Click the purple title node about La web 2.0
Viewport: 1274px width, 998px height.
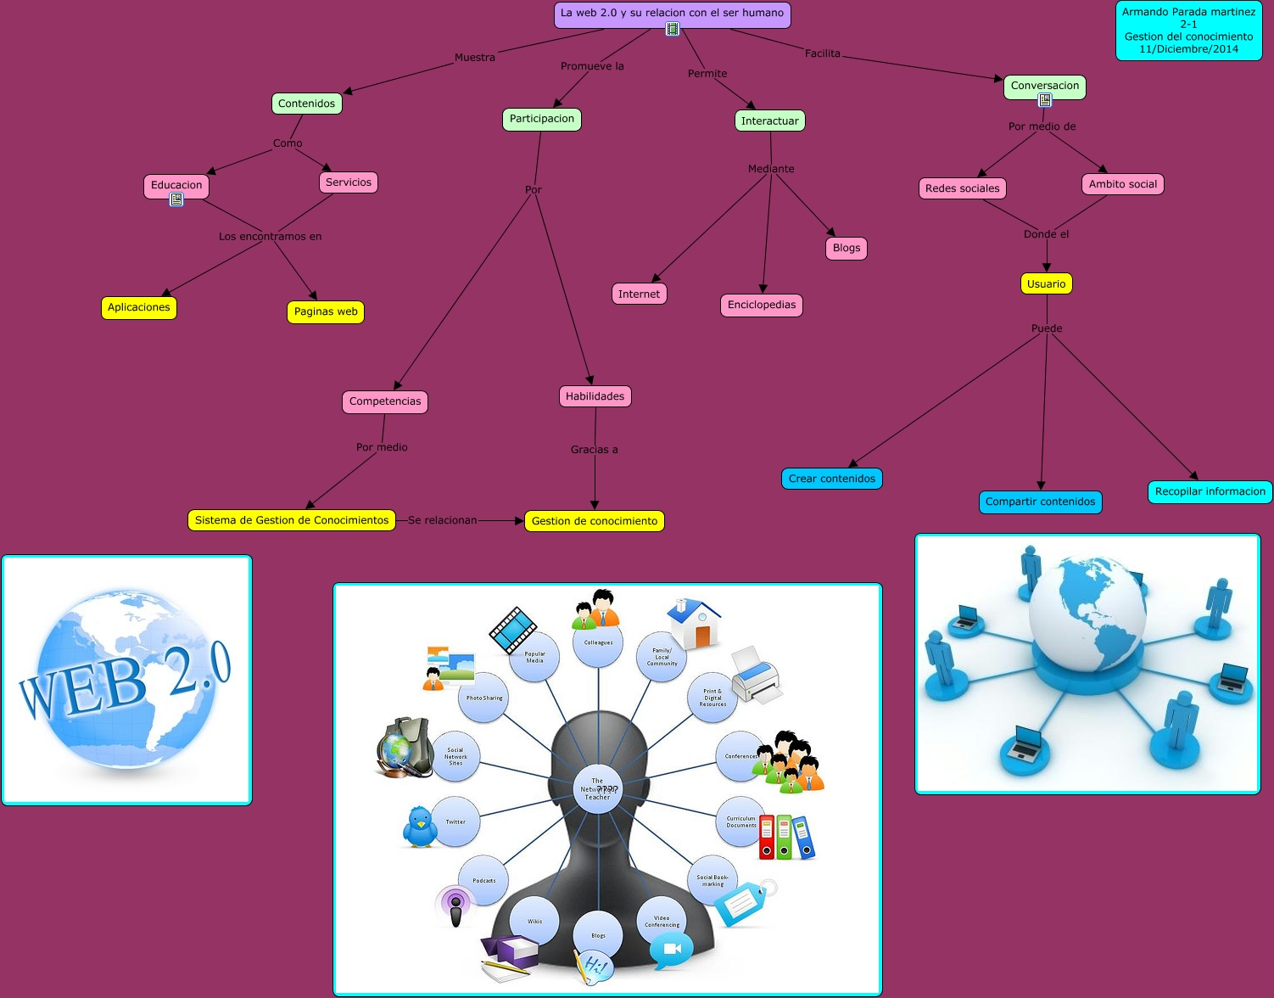click(672, 14)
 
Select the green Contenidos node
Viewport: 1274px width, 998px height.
click(306, 104)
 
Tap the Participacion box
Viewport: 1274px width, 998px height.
click(542, 119)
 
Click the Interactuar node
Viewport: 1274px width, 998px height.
click(769, 121)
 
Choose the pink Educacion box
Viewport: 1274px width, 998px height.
click(176, 185)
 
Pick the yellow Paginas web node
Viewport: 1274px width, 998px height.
click(326, 311)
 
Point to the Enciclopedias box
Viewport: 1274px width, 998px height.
click(762, 305)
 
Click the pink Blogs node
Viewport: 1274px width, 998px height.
click(847, 248)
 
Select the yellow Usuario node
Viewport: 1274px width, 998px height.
click(1046, 283)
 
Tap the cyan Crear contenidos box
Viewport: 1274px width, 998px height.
click(832, 479)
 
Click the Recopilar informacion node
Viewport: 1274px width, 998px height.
click(1210, 491)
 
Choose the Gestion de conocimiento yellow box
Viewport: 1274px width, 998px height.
click(595, 521)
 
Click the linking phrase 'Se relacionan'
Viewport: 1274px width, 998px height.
click(442, 520)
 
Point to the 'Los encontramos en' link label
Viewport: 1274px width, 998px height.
click(271, 236)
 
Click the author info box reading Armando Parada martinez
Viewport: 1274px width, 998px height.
click(1188, 31)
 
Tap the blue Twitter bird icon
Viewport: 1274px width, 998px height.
click(419, 827)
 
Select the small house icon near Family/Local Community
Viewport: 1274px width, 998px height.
click(694, 623)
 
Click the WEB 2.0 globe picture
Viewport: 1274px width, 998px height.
click(126, 680)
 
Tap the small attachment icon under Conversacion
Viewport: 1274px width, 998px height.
click(1045, 100)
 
